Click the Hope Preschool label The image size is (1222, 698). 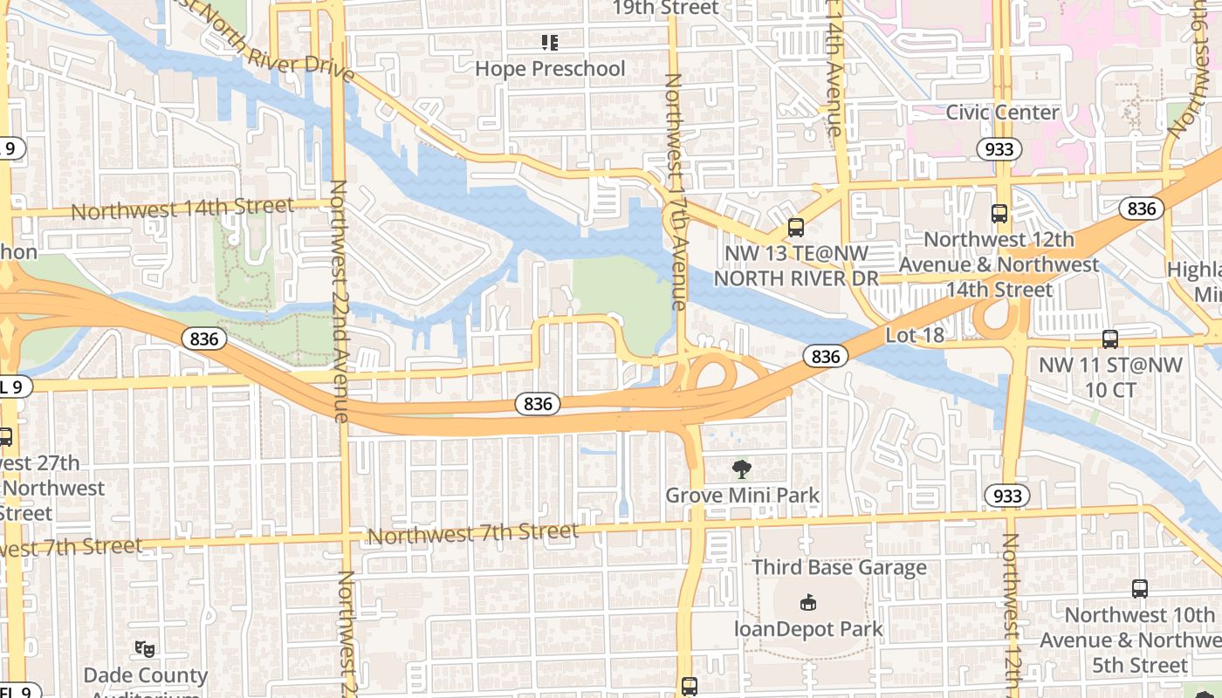pyautogui.click(x=550, y=68)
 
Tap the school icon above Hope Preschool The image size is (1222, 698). pyautogui.click(x=550, y=41)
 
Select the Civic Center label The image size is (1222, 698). pyautogui.click(x=1002, y=113)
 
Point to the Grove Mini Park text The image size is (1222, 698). pyautogui.click(x=742, y=496)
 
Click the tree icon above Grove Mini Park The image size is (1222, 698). pyautogui.click(x=741, y=469)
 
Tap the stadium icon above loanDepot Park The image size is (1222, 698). pyautogui.click(x=808, y=602)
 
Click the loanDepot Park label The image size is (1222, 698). pyautogui.click(x=808, y=628)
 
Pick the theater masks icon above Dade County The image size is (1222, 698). pyautogui.click(x=145, y=648)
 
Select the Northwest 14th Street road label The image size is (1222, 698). pyautogui.click(x=182, y=209)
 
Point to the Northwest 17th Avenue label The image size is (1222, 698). pyautogui.click(x=675, y=192)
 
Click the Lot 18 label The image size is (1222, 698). pyautogui.click(x=915, y=335)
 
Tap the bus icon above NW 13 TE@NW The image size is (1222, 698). pyautogui.click(x=795, y=227)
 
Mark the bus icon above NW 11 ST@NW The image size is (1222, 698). pyautogui.click(x=1109, y=339)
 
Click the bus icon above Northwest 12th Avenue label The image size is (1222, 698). pyautogui.click(x=999, y=213)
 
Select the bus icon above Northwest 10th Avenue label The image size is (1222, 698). pyautogui.click(x=1139, y=588)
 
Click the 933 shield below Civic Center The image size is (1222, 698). pyautogui.click(x=999, y=148)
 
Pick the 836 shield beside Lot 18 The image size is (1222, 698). pyautogui.click(x=825, y=355)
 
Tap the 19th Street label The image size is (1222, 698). pyautogui.click(x=665, y=9)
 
